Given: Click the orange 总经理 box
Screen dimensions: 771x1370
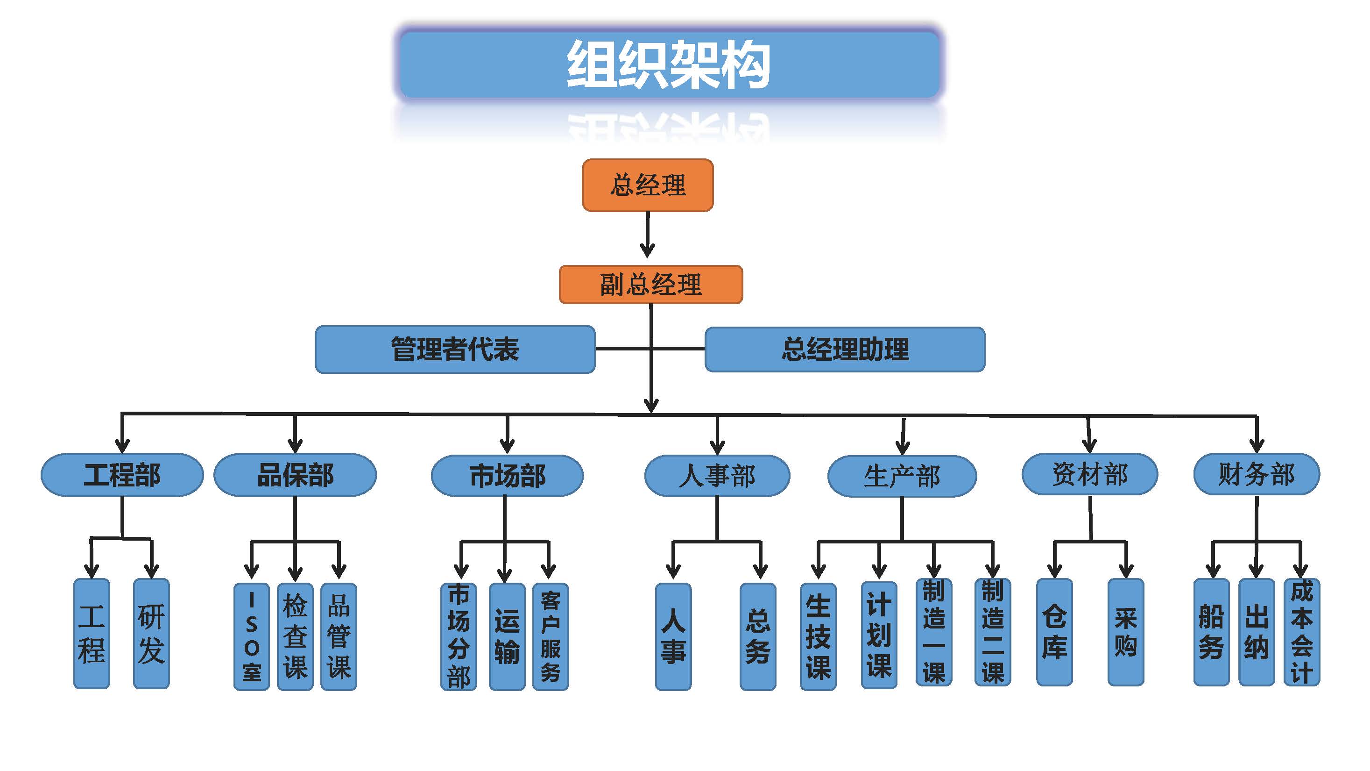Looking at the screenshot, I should coord(647,185).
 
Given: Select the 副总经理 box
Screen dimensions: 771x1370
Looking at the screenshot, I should coord(650,285).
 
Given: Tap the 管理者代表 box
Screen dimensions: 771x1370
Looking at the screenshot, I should coord(455,350).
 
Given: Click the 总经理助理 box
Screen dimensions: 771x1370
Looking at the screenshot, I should coord(845,350).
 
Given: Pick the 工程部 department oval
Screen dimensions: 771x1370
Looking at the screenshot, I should coord(122,475).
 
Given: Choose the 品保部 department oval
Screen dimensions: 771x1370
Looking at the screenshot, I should coord(295,475).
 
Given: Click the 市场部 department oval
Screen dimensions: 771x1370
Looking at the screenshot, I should coord(507,476).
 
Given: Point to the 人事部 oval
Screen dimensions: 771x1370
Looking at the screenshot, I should coord(717,476).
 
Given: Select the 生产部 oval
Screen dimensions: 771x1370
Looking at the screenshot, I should coord(902,476).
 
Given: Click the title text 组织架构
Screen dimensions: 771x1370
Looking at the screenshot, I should coord(669,65).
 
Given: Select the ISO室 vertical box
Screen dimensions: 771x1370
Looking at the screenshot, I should coord(252,636).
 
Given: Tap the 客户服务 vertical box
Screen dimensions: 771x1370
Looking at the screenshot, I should coord(551,636).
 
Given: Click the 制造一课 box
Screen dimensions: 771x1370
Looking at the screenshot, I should coord(933,632).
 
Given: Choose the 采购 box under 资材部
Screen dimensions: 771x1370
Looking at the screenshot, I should coord(1125,632).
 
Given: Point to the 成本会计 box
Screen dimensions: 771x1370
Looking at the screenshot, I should coord(1301,632).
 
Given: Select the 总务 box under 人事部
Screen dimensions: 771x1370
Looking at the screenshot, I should coord(757,636).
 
